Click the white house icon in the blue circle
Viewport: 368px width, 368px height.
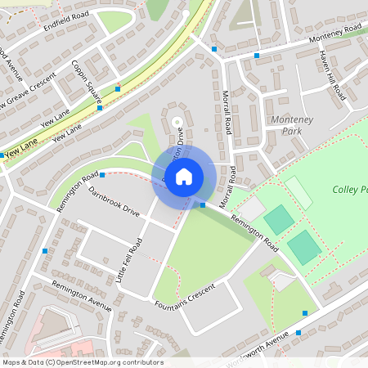point(184,175)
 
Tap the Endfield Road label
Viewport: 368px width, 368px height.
point(68,27)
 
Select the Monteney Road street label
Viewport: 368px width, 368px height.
point(322,38)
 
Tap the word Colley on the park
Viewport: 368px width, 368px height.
point(347,190)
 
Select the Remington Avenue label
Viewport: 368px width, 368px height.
point(81,295)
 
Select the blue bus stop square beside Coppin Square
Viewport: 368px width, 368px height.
point(118,88)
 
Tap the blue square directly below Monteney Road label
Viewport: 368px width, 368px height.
point(257,56)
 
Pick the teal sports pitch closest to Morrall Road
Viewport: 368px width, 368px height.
point(278,218)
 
